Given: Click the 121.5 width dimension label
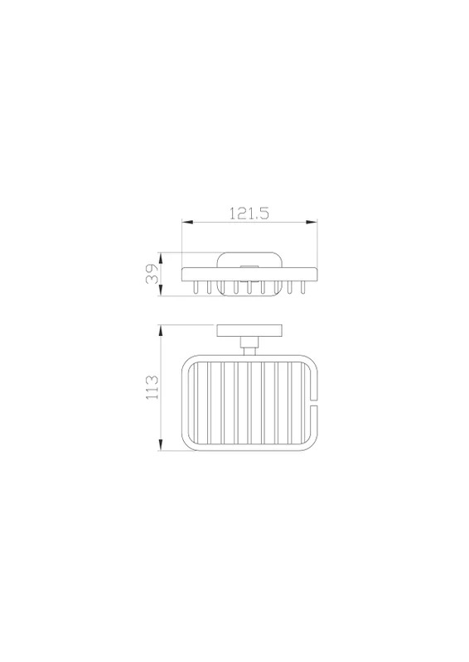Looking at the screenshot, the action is (x=249, y=213).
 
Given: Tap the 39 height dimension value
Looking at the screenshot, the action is (x=152, y=274).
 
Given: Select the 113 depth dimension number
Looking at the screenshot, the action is (x=152, y=386).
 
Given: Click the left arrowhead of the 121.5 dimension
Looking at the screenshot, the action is (x=187, y=222).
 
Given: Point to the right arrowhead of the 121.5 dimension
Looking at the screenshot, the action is (x=312, y=222).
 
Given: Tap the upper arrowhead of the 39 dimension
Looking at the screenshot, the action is (x=161, y=258).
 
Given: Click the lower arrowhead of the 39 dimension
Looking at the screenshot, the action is (x=161, y=290).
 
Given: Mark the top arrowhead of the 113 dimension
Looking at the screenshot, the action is (x=161, y=330).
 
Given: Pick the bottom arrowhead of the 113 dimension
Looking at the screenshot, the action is (x=161, y=445).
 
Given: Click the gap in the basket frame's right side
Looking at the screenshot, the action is (x=313, y=402).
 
